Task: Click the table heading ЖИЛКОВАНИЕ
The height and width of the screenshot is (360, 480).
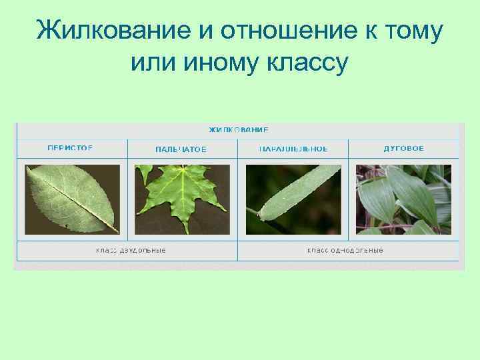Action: pos(239,129)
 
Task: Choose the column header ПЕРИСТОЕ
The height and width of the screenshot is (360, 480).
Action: pos(70,148)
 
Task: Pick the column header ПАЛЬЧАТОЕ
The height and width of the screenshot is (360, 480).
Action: pos(181,149)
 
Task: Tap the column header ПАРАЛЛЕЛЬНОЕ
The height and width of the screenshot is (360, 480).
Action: pos(293,149)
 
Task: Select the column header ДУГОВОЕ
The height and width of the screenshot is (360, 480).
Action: pos(403,148)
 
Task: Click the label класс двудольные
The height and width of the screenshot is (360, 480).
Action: pos(131,251)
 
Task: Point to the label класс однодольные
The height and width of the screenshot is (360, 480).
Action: pos(345,251)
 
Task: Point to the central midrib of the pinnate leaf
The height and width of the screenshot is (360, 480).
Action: pos(73,198)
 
